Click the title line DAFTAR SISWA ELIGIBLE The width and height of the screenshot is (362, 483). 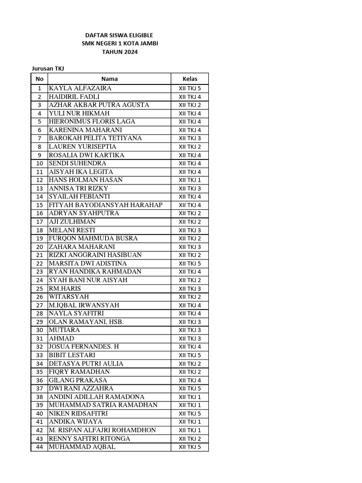click(119, 35)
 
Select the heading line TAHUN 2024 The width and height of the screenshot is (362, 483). click(119, 52)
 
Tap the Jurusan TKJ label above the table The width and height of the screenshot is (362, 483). click(48, 69)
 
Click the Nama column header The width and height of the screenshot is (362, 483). click(109, 79)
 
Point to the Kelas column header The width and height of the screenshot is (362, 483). click(190, 79)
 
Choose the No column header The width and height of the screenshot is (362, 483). click(40, 79)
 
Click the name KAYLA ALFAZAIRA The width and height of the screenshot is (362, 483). click(80, 88)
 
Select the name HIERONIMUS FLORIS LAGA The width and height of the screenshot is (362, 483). click(92, 122)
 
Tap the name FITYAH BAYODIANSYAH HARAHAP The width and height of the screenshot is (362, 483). click(106, 205)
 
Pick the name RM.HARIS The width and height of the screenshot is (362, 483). click(66, 289)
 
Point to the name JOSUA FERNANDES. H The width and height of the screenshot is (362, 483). click(84, 347)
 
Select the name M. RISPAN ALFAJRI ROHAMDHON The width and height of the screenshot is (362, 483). click(103, 430)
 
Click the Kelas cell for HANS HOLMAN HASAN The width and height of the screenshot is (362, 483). click(190, 180)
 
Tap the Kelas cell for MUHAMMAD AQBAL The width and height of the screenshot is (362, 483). click(190, 447)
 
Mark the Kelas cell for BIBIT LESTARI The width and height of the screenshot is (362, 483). click(190, 355)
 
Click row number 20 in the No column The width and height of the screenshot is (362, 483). click(40, 247)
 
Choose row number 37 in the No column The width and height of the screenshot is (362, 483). click(40, 389)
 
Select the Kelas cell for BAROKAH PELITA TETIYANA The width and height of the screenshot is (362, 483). click(190, 138)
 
